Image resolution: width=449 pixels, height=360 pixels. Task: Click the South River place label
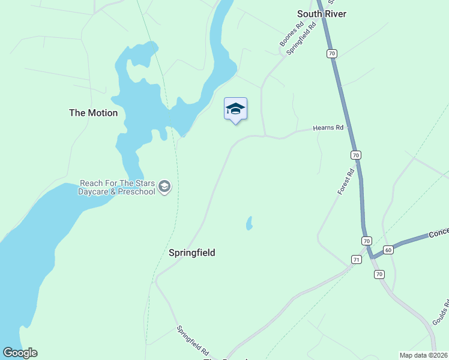(x=322, y=14)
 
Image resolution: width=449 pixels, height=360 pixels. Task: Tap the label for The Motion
(x=94, y=113)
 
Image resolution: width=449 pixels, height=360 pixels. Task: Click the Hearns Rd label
(x=328, y=128)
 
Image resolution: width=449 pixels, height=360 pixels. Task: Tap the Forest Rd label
(x=346, y=181)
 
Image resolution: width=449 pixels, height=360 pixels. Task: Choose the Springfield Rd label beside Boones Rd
(x=301, y=39)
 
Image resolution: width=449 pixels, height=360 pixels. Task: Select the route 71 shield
(x=356, y=259)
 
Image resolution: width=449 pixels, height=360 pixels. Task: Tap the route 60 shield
(x=388, y=250)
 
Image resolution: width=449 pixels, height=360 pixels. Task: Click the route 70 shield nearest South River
(x=332, y=53)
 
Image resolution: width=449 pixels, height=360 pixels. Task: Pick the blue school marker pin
(x=235, y=109)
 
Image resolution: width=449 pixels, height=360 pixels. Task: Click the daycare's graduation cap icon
(x=164, y=187)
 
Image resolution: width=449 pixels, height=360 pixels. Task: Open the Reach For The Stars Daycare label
(x=117, y=187)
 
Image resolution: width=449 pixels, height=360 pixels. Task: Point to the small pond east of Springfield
(x=249, y=224)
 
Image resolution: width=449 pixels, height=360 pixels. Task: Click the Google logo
(x=20, y=353)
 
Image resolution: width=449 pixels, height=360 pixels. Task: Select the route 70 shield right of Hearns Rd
(x=356, y=155)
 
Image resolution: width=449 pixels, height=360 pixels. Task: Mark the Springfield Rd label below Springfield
(x=193, y=340)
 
